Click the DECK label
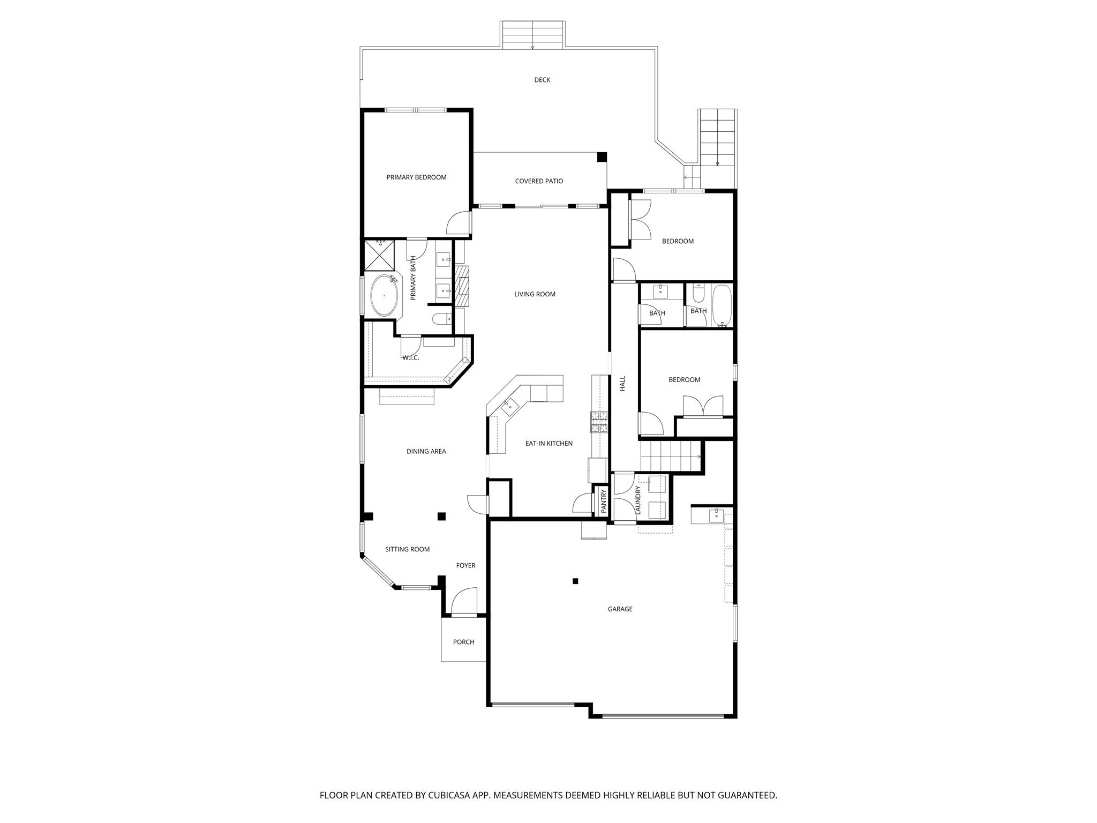click(x=542, y=80)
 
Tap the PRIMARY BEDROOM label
click(x=416, y=177)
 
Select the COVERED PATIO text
click(x=539, y=181)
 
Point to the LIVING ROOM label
click(x=535, y=294)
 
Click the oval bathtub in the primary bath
click(x=384, y=295)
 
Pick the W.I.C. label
click(x=410, y=358)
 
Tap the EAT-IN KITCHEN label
click(x=548, y=444)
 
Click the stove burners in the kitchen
click(x=599, y=422)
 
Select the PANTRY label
click(x=604, y=502)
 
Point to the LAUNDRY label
click(x=638, y=500)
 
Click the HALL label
click(x=622, y=383)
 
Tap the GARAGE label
click(x=620, y=609)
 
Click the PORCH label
click(x=463, y=642)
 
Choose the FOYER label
click(x=465, y=565)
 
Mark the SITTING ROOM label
click(x=407, y=549)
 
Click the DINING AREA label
click(x=426, y=451)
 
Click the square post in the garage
click(x=575, y=581)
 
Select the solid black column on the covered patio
click(x=602, y=157)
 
